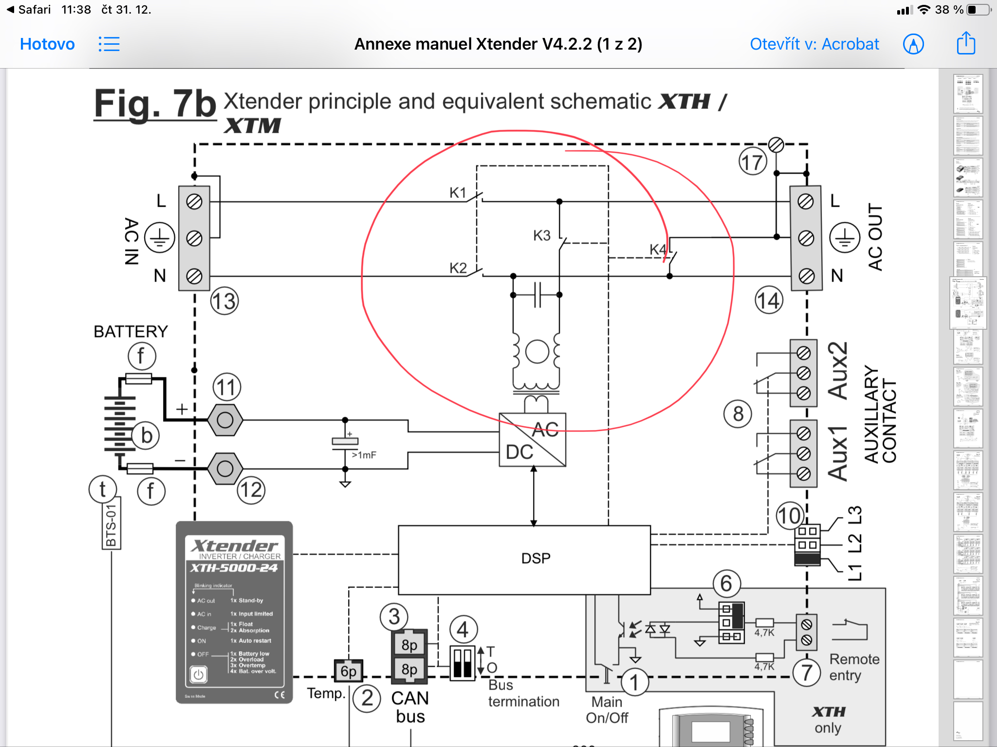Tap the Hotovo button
pos(47,44)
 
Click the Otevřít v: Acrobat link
pos(814,44)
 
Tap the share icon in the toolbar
pos(966,43)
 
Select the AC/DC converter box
pos(533,440)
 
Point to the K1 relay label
pos(458,193)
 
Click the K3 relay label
pos(541,236)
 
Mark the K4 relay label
pos(658,250)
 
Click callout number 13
pos(224,301)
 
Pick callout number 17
pos(753,162)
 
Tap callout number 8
pos(738,414)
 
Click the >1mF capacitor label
pos(364,455)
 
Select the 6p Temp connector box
pos(349,672)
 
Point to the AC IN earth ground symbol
pos(160,238)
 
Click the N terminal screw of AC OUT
pos(806,276)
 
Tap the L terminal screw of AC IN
pos(194,201)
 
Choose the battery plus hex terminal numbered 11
pos(225,420)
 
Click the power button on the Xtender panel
pos(198,675)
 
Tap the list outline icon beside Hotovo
pos(109,44)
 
